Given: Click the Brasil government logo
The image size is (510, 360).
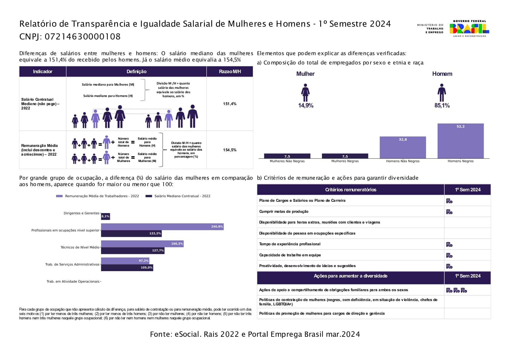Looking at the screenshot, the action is [x=469, y=28].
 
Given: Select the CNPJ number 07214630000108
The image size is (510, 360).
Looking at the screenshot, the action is [x=83, y=37].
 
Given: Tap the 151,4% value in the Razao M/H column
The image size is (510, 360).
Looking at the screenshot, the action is [x=230, y=104].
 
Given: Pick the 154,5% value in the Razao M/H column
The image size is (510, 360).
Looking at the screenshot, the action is [x=230, y=150].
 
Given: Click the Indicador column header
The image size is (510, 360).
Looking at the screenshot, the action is [x=43, y=71].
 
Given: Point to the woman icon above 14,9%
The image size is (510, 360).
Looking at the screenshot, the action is [x=305, y=93].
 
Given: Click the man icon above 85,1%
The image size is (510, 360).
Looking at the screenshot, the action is [x=442, y=93].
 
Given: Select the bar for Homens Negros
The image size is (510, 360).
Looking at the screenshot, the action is [x=461, y=141].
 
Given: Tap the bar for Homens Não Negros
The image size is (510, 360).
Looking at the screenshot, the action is [x=403, y=147].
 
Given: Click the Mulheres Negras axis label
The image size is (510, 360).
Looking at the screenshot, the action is [x=345, y=161].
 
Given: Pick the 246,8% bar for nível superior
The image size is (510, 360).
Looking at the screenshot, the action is [x=162, y=227].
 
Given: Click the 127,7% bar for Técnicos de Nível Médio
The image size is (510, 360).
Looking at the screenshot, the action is [x=133, y=251].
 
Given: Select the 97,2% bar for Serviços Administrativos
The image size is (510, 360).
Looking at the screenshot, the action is [x=125, y=261].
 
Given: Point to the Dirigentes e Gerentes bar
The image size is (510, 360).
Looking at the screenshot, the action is [x=105, y=216].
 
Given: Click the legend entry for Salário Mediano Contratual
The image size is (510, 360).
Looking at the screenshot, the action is [x=178, y=196].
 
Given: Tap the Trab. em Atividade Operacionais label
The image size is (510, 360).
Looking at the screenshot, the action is [x=73, y=282].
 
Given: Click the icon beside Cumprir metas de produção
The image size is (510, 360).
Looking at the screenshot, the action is [x=449, y=212].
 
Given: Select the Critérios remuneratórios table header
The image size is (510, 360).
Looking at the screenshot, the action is [x=351, y=190].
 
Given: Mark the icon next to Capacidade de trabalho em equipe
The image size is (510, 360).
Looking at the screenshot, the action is [x=449, y=255].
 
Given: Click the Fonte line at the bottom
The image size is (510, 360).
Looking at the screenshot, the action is [x=255, y=334].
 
